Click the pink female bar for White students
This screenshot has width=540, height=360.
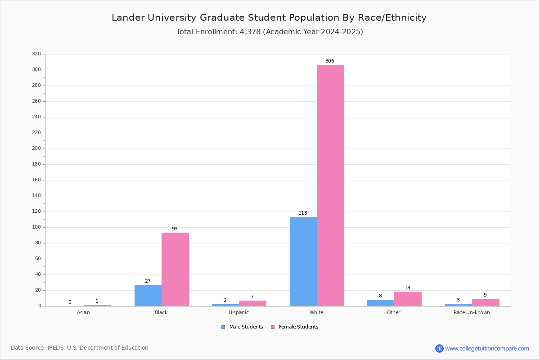(x=330, y=185)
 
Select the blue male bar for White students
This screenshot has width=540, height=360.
(x=303, y=261)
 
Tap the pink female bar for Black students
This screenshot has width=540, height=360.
(x=175, y=270)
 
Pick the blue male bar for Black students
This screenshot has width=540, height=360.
(x=148, y=296)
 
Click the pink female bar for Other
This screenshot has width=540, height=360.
(x=408, y=299)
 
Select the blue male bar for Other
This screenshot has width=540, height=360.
(x=381, y=303)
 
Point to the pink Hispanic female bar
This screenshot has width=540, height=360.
(x=252, y=303)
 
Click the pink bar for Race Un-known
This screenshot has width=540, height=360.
(x=486, y=302)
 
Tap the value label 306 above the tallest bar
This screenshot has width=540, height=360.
(x=330, y=61)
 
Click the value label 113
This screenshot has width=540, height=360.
(x=303, y=213)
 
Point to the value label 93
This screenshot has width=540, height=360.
(x=175, y=229)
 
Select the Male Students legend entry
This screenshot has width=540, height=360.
(x=242, y=327)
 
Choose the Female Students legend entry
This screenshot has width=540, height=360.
(x=295, y=327)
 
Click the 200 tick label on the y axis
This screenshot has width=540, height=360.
(x=36, y=148)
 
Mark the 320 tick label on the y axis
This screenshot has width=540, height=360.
(x=36, y=54)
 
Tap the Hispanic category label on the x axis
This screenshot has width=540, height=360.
(x=238, y=312)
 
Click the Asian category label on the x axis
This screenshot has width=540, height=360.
(x=83, y=312)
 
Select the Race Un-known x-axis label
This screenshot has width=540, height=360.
(x=472, y=312)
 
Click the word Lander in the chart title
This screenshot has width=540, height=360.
(x=128, y=18)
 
